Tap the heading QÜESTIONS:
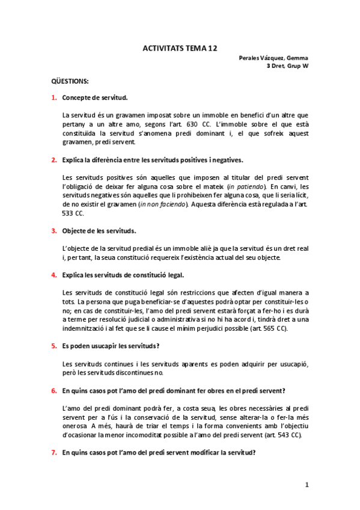tap(69, 81)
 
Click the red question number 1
tap(53, 97)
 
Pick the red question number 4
tap(53, 275)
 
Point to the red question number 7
tap(53, 453)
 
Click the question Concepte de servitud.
tap(94, 97)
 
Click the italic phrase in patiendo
tap(243, 187)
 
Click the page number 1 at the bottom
tap(306, 484)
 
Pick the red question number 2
tap(53, 160)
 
